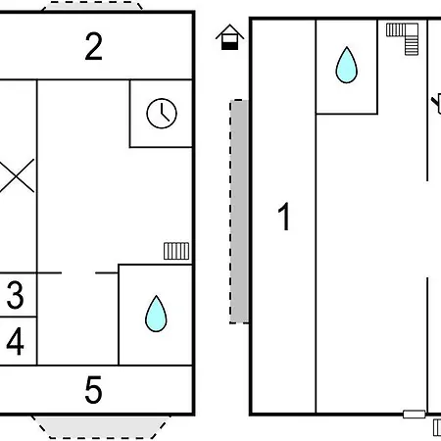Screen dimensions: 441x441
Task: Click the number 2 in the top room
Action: click(x=93, y=46)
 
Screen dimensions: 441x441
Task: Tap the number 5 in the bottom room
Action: click(x=93, y=389)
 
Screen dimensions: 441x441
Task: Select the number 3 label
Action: click(x=16, y=295)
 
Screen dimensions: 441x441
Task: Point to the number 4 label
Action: click(x=16, y=341)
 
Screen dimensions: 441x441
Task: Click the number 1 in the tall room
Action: click(x=284, y=217)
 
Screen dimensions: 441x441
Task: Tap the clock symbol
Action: click(x=162, y=114)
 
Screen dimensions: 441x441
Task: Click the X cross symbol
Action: click(x=17, y=175)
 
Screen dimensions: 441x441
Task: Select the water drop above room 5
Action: click(x=156, y=315)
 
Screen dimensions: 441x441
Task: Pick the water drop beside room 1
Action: click(x=347, y=66)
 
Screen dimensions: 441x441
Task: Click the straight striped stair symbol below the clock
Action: click(x=176, y=251)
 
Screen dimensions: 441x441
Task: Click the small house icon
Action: click(x=229, y=37)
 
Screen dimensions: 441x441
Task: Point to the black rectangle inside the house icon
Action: click(x=229, y=45)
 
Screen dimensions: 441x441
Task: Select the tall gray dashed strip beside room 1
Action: click(x=239, y=212)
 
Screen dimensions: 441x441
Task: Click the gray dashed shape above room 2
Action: click(x=92, y=6)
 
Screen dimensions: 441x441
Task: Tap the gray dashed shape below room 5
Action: click(x=101, y=426)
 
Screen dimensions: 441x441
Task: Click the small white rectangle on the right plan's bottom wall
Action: click(x=415, y=415)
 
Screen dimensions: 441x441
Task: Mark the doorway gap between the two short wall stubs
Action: click(x=78, y=272)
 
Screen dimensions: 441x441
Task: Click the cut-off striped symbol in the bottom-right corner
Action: click(x=437, y=427)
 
